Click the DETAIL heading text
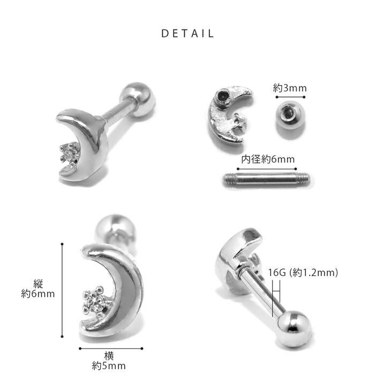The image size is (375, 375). click(187, 33)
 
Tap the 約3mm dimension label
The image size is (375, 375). click(290, 88)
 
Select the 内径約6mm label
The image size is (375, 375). click(268, 159)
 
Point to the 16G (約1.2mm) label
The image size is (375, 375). click(303, 272)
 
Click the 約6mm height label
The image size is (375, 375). click(38, 294)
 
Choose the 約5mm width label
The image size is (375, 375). click(109, 366)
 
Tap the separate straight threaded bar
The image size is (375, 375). click(266, 178)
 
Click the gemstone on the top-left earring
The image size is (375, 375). click(70, 153)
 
